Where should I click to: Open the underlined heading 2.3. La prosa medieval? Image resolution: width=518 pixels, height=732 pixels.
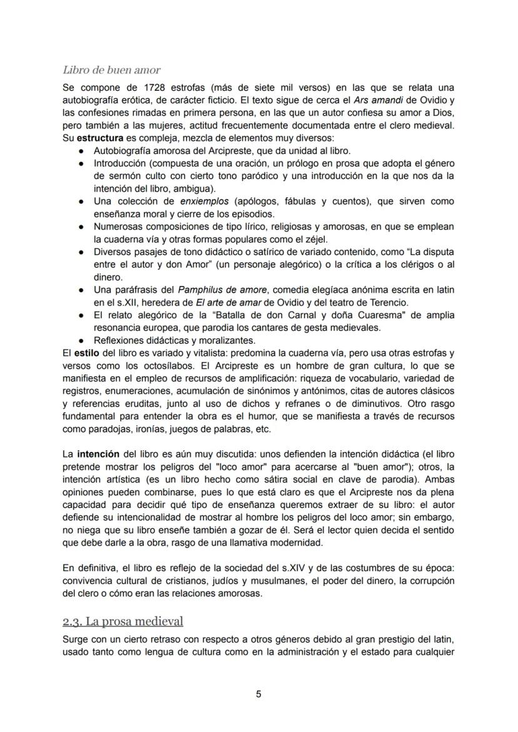click(x=123, y=621)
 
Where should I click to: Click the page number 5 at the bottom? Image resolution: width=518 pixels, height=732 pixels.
click(x=258, y=694)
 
